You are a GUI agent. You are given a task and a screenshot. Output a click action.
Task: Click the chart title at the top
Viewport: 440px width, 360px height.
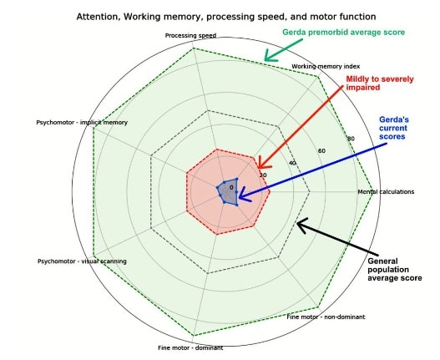tap(226, 17)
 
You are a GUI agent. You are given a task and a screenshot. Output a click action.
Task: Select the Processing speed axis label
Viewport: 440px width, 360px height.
tap(190, 36)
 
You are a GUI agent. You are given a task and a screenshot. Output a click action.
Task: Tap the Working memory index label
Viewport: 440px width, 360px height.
tap(326, 67)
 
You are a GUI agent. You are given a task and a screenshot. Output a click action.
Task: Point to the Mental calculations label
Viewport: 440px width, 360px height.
tap(386, 192)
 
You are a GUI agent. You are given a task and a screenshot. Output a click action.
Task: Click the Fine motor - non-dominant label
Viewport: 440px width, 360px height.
tap(326, 317)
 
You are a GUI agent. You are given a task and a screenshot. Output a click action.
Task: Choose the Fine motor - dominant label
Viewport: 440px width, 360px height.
tap(190, 348)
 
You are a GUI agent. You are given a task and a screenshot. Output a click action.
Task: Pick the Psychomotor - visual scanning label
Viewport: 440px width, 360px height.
tap(82, 261)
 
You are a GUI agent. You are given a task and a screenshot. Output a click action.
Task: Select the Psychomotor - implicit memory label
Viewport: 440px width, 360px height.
tap(82, 123)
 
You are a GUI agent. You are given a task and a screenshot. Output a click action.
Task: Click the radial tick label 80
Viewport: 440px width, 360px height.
tap(351, 139)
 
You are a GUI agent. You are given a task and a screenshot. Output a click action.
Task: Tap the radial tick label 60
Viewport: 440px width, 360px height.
tap(321, 151)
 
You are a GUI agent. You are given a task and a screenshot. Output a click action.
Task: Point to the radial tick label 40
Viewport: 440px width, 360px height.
tap(292, 163)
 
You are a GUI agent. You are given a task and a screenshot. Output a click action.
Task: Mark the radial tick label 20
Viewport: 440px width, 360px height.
tap(263, 175)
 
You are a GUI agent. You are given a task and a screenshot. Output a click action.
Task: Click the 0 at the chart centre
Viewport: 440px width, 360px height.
tap(231, 188)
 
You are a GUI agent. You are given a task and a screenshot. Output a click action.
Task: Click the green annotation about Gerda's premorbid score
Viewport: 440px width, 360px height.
tap(343, 33)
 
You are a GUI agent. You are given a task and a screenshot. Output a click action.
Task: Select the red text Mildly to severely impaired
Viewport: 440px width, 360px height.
tap(380, 84)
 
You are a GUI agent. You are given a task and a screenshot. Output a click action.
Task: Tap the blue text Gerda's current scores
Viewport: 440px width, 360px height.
tap(394, 128)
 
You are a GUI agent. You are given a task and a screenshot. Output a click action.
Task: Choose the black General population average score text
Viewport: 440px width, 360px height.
tap(395, 270)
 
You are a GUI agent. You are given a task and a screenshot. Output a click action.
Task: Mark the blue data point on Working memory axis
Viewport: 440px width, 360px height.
tap(237, 179)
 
